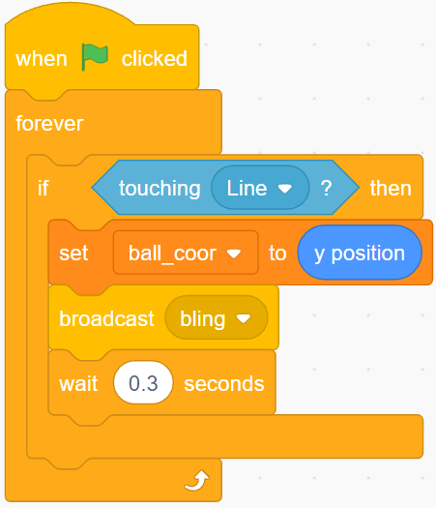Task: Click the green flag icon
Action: [x=95, y=57]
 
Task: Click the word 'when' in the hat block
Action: [x=42, y=59]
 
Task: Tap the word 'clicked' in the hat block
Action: [x=155, y=59]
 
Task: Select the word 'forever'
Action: [x=49, y=124]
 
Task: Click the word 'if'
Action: [x=44, y=188]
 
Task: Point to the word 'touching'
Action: [x=160, y=189]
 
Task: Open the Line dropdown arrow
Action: [x=285, y=189]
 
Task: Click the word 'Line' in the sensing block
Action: [x=247, y=189]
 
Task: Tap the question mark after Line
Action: [x=326, y=188]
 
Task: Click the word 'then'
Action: [x=391, y=189]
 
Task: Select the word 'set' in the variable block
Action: [x=73, y=253]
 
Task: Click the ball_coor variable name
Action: [x=172, y=253]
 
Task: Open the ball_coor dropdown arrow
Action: [x=234, y=254]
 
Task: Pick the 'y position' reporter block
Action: [x=360, y=253]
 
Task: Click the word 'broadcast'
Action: [x=106, y=318]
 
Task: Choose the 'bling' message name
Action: [x=203, y=319]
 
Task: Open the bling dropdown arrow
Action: [x=244, y=318]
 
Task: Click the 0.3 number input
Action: [x=143, y=382]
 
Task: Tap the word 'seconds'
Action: [x=224, y=383]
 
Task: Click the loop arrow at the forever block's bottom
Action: [x=197, y=480]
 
